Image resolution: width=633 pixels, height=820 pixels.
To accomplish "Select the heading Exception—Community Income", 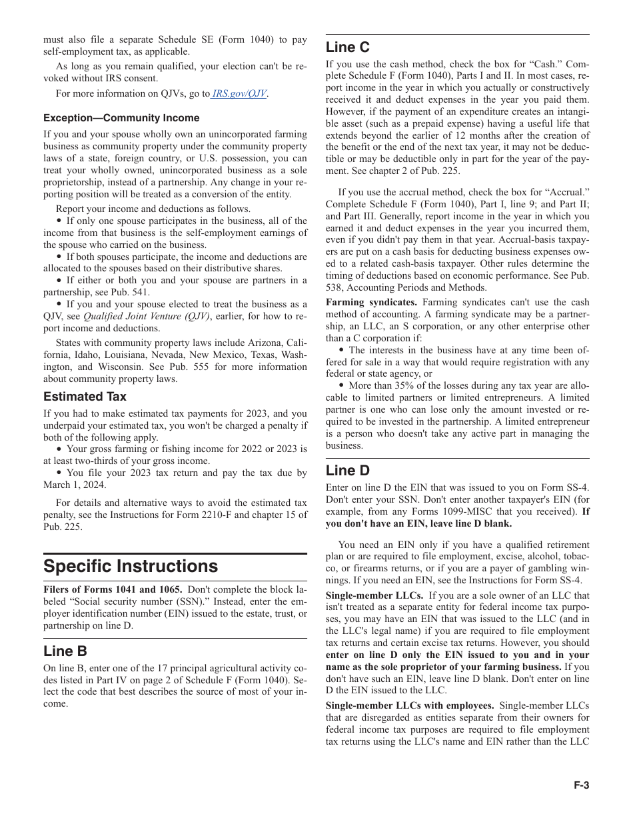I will tap(121, 118).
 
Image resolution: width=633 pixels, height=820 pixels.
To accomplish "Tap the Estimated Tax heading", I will tap(85, 397).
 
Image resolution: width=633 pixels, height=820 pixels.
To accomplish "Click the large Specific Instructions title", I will tap(131, 566).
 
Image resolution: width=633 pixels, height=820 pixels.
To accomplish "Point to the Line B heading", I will tap(65, 651).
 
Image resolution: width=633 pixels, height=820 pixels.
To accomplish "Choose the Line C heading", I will tap(347, 47).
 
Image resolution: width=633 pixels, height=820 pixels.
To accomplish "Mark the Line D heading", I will tap(347, 471).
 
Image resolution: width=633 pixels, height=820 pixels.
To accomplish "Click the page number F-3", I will tap(581, 785).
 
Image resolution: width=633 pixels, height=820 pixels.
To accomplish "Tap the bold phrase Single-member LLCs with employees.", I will tap(410, 705).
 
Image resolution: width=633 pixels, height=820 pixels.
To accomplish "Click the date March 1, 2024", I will tap(73, 485).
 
